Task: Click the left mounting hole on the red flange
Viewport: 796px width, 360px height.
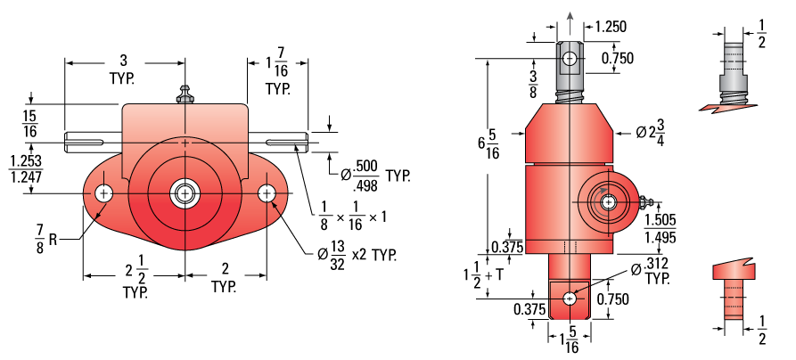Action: [104, 193]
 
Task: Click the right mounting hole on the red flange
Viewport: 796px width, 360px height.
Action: [267, 193]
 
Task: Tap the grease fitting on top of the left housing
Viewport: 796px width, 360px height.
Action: [185, 95]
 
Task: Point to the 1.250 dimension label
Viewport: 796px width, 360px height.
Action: [611, 27]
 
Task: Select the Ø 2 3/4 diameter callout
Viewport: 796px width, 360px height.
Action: [651, 133]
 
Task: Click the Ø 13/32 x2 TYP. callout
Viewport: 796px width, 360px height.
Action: [357, 254]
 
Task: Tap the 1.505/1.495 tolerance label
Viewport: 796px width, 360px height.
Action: [660, 228]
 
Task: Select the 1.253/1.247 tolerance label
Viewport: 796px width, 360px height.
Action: [27, 169]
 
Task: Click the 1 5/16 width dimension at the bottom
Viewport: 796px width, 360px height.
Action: [570, 340]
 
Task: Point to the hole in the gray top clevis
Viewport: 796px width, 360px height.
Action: [570, 59]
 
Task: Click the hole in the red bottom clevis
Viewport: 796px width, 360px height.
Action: [569, 299]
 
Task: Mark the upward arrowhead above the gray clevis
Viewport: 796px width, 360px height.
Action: [570, 16]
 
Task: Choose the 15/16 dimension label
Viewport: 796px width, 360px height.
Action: [30, 123]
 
